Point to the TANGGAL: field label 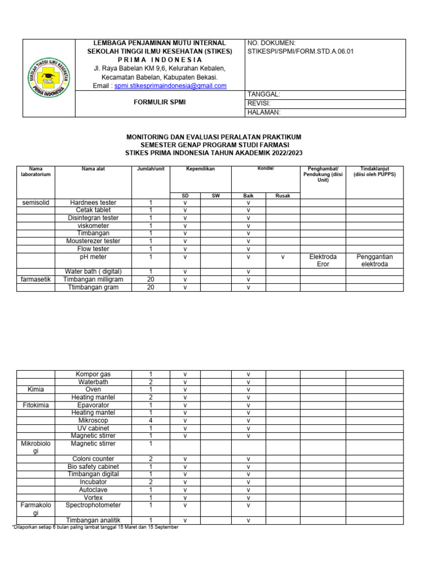[264, 95]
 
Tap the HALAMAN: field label [264, 112]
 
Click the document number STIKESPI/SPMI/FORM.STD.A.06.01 [300, 51]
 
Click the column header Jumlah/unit [150, 168]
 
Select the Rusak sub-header [283, 196]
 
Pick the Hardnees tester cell [93, 202]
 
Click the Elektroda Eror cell [323, 260]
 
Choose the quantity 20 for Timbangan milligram [150, 279]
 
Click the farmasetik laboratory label [36, 279]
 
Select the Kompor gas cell [93, 374]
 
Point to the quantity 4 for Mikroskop [150, 420]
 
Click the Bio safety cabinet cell [93, 466]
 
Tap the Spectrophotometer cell [93, 505]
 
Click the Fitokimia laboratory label [36, 405]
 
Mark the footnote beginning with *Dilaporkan [95, 527]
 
